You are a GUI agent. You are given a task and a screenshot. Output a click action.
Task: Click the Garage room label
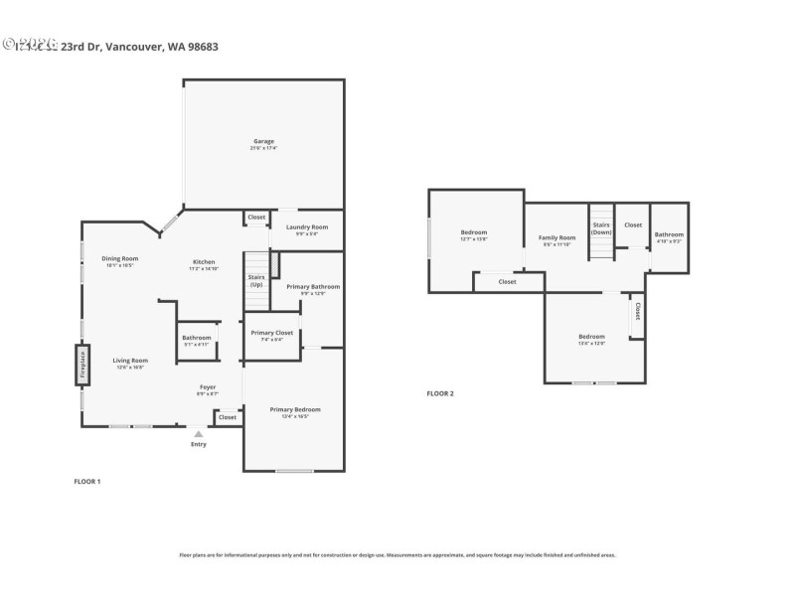[x=263, y=141]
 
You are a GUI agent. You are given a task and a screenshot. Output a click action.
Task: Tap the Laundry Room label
[x=306, y=227]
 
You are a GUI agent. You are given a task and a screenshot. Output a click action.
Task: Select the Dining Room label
[x=119, y=258]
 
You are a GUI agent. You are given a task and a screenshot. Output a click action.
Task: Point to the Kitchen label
[x=204, y=262]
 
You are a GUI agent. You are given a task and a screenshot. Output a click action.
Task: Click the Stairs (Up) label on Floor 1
[x=256, y=281]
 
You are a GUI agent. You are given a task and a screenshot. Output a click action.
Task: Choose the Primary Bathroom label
[x=313, y=286]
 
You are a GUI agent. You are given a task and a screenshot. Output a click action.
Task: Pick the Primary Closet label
[x=271, y=333]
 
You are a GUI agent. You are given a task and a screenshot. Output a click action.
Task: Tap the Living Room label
[x=129, y=361]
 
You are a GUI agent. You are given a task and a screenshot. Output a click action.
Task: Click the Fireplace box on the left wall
[x=81, y=365]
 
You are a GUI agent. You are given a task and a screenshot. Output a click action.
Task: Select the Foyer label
[x=208, y=386]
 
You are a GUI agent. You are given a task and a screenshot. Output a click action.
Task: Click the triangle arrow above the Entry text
[x=199, y=433]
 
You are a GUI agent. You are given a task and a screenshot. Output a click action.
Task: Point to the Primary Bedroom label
[x=295, y=409]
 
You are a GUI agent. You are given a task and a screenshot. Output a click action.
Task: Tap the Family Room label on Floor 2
[x=556, y=237]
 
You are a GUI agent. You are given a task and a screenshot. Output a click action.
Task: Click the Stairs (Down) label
[x=601, y=227]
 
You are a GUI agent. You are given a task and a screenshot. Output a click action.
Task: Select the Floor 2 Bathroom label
[x=669, y=234]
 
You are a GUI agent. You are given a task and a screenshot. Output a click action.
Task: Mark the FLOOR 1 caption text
[x=87, y=481]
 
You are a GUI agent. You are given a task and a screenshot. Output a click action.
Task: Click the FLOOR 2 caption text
[x=439, y=393]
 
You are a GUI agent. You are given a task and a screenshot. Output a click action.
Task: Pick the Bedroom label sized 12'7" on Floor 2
[x=473, y=232]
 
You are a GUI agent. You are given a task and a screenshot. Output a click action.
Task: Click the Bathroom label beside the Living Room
[x=196, y=338]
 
